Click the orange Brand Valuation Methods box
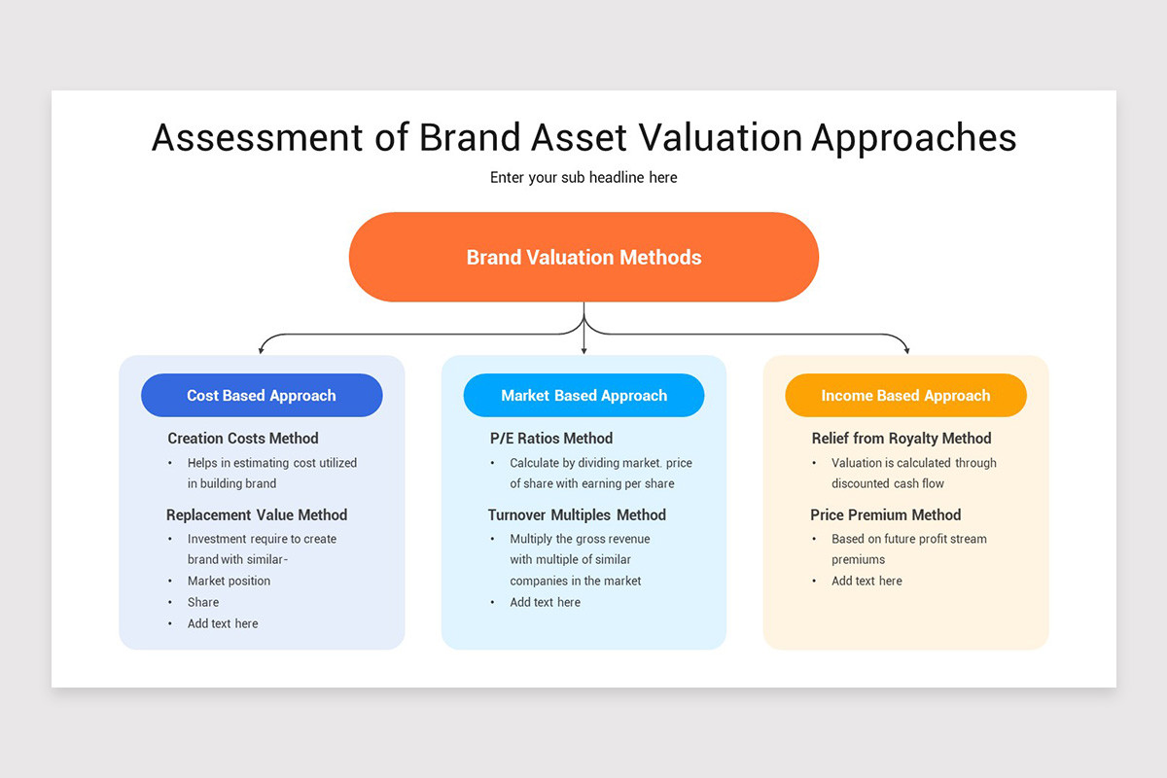583,258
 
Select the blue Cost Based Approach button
262,396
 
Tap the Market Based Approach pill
583,396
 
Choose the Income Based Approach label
905,396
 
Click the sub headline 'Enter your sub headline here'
583,178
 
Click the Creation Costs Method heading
243,439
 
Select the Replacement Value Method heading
257,515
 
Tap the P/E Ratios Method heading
551,439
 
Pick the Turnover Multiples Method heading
577,515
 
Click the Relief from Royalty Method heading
902,439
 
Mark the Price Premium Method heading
885,515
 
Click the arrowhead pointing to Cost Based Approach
261,349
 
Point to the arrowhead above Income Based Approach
906,349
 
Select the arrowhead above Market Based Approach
583,349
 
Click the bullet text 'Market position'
229,582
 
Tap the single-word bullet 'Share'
203,603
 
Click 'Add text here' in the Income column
866,582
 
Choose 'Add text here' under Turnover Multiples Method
545,603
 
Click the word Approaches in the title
913,138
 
